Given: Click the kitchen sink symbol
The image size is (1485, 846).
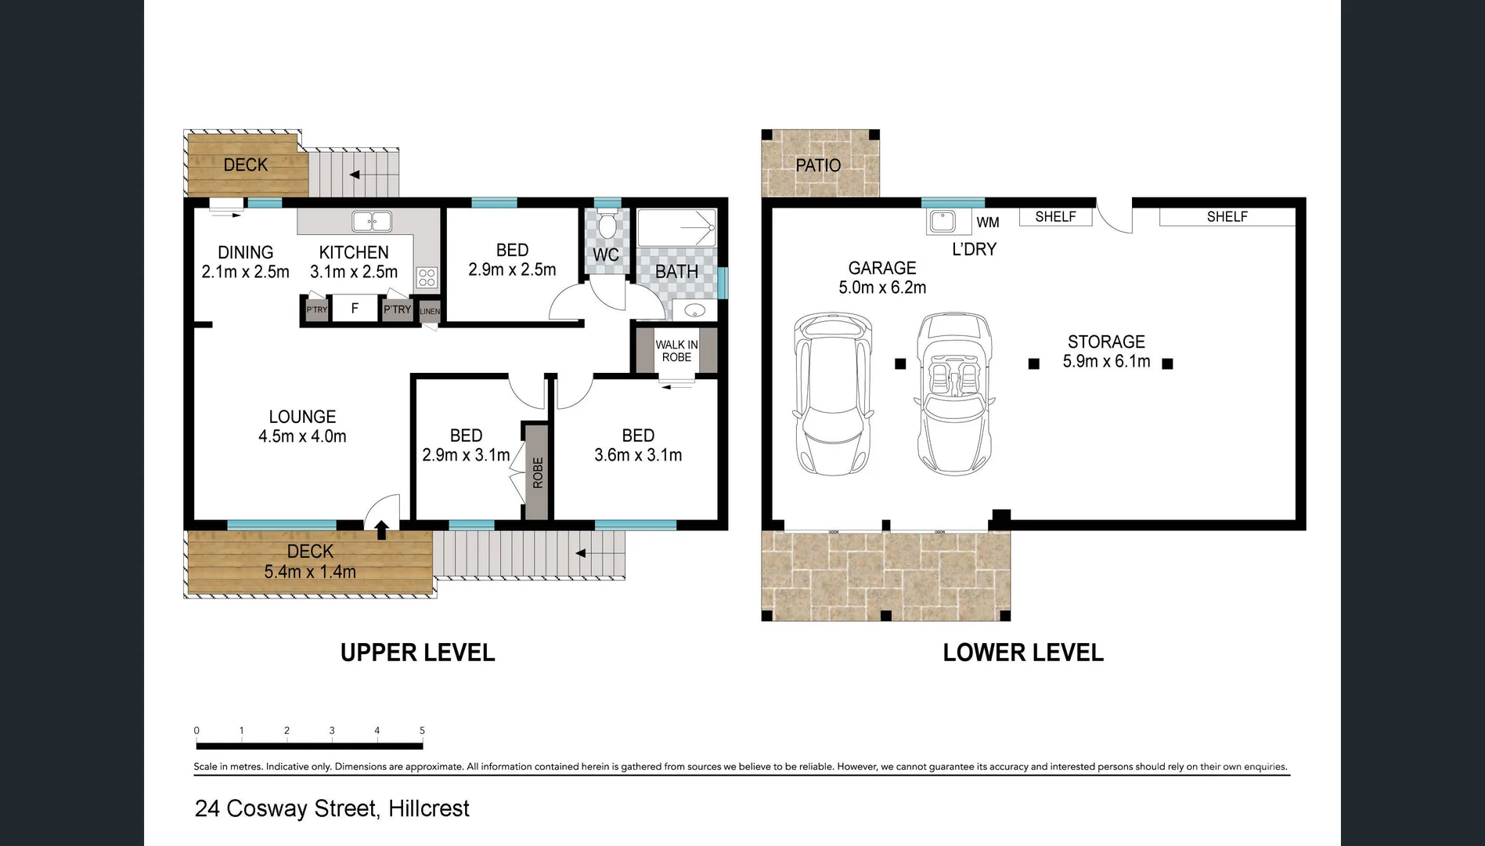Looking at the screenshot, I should [372, 222].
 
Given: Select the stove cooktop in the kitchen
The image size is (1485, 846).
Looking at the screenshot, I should [427, 277].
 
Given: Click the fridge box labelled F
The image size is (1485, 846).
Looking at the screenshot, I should [355, 309].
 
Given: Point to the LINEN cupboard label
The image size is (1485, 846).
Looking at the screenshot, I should [430, 311].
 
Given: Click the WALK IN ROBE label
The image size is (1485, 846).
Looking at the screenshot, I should [676, 351].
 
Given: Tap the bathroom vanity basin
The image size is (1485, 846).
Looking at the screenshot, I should [694, 311].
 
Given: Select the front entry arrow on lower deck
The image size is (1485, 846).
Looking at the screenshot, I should [381, 530].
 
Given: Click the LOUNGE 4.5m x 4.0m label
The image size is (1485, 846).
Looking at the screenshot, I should [302, 427].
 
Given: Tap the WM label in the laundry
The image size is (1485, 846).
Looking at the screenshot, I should [988, 222].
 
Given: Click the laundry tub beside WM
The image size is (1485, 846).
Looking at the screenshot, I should [942, 221].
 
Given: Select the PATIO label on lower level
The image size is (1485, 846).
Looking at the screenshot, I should [818, 165].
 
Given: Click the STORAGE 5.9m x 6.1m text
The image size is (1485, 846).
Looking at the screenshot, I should [1106, 352].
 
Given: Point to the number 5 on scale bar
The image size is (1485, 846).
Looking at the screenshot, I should [422, 730].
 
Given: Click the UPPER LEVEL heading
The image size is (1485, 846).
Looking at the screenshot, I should [417, 653].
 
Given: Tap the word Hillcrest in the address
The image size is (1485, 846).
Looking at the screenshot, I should [429, 808].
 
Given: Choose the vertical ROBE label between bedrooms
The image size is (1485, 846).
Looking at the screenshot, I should [537, 472].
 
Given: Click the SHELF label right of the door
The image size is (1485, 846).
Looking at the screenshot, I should [1227, 217].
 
